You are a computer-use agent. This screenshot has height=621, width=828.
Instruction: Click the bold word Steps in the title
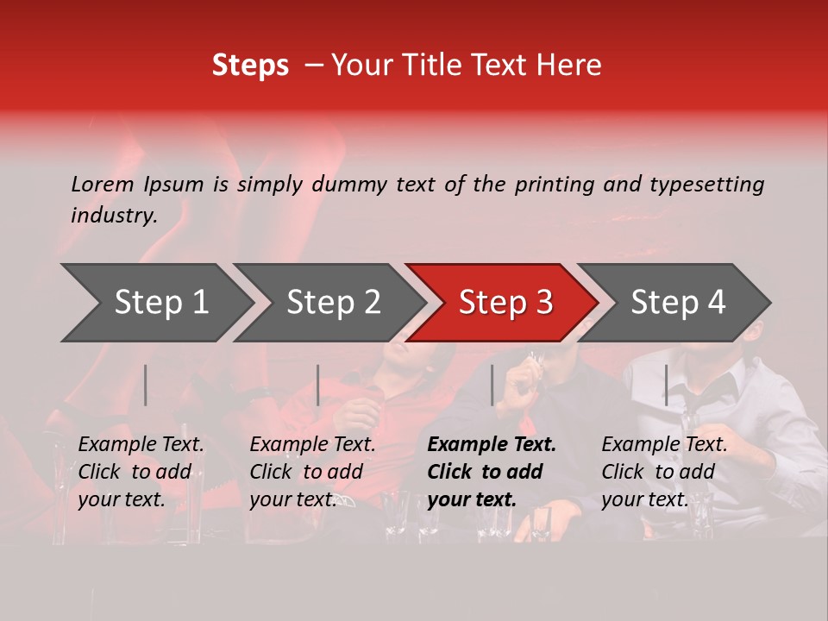pyautogui.click(x=250, y=65)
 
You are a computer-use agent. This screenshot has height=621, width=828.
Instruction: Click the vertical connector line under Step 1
pyautogui.click(x=146, y=385)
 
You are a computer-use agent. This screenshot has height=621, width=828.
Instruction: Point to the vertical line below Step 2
pyautogui.click(x=318, y=385)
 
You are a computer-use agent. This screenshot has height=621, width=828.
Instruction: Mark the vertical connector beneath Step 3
pyautogui.click(x=492, y=385)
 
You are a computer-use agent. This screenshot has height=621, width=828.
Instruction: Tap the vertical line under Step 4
pyautogui.click(x=666, y=385)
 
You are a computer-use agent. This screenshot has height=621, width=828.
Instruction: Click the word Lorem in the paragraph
pyautogui.click(x=103, y=184)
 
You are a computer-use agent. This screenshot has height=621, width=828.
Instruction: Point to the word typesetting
pyautogui.click(x=706, y=185)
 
